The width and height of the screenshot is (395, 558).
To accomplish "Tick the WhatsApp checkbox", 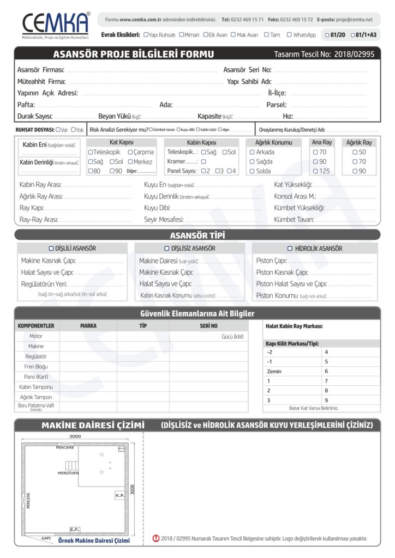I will coord(290,35).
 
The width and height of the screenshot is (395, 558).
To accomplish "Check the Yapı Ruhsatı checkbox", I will coord(146,35).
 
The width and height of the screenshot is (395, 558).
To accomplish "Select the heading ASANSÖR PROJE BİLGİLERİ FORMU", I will coord(134,54).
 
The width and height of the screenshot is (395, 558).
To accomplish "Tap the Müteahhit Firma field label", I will coord(41,81).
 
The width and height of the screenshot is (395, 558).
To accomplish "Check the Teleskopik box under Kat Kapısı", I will coord(91,152).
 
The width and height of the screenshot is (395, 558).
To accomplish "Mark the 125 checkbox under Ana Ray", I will coord(315,171).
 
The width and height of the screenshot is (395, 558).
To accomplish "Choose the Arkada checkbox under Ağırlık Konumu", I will coord(252,152).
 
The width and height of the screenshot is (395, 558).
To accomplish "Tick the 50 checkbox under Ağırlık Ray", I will coord(355,152).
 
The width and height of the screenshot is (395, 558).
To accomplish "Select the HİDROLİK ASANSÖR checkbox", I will coord(290,248).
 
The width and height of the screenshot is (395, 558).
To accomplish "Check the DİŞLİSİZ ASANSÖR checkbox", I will coord(166,248).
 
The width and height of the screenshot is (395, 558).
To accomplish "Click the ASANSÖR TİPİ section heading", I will coord(197,235).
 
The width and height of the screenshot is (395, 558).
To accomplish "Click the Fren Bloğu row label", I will coord(36,367).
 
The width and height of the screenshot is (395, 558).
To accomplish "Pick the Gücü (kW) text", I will coord(232,336).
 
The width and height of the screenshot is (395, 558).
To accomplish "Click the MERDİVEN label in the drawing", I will coord(68,473).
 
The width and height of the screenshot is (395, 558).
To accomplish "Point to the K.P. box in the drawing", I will coord(120,495).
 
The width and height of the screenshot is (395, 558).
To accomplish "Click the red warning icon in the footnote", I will coord(155,539).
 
